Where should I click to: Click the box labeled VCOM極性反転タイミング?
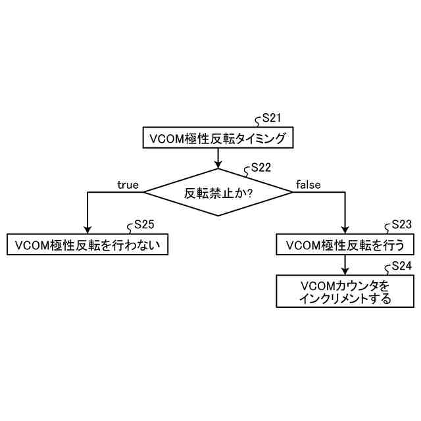coord(218,139)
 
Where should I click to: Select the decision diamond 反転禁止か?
coord(218,192)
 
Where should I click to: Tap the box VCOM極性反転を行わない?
coord(87,245)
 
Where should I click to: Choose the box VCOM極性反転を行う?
coord(345,245)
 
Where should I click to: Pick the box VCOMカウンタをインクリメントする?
coord(345,291)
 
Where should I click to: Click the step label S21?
coord(272,118)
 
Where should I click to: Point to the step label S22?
coord(261,168)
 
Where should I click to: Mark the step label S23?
coord(401,224)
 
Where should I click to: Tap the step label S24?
coord(401,266)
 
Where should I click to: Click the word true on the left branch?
coord(128,185)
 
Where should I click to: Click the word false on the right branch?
coord(308,185)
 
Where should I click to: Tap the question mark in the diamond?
coord(250,193)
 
